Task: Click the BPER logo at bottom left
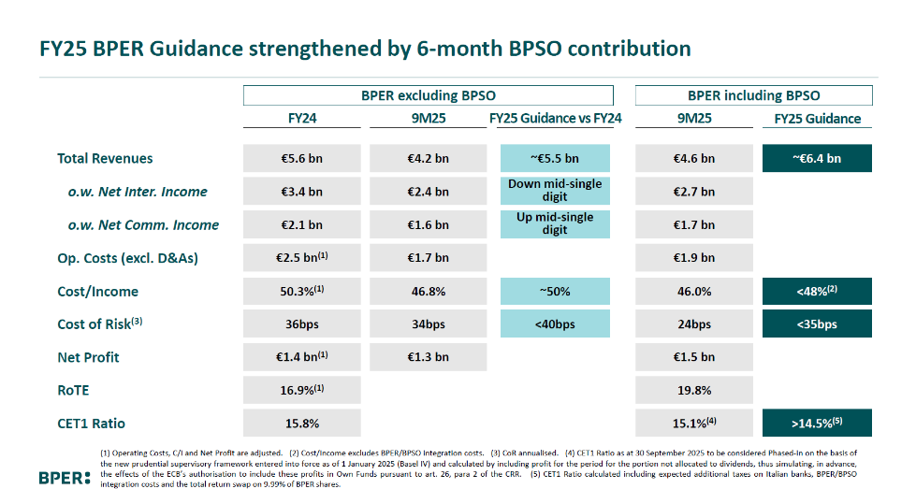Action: coord(65,477)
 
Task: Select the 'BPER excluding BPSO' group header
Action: coord(428,95)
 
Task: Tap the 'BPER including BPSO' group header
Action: coord(753,95)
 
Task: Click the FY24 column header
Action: coord(301,119)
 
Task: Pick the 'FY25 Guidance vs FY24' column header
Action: coord(555,119)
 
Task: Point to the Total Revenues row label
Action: coord(105,158)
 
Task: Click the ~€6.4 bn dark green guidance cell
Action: coord(817,158)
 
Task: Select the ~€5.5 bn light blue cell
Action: coord(555,158)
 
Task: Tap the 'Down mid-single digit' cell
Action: coord(555,191)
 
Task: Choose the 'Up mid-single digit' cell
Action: coord(555,224)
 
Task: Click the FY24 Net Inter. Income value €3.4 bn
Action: coord(301,192)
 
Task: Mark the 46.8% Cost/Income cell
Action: coord(428,292)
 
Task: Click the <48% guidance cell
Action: coord(817,292)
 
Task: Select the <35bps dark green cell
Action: coord(817,324)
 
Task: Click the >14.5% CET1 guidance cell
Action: coord(817,424)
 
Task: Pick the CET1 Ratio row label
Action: coord(93,424)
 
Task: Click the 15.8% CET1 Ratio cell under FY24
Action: coord(301,424)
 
